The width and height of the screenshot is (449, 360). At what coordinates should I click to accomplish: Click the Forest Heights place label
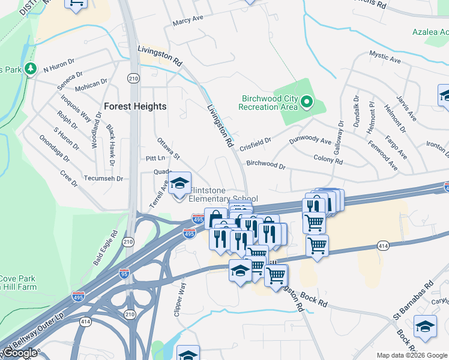coord(135,106)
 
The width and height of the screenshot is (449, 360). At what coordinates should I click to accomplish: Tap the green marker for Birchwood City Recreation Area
coord(307,102)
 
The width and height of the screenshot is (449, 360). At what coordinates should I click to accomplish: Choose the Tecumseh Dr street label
coord(103,179)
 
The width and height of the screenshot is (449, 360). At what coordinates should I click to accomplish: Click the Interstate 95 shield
coord(124,273)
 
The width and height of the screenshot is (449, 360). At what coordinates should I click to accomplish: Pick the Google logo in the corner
coord(20,353)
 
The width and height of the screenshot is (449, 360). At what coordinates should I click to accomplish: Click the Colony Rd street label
coord(328,161)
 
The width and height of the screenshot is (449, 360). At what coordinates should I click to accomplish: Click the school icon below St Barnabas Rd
coord(425,326)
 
